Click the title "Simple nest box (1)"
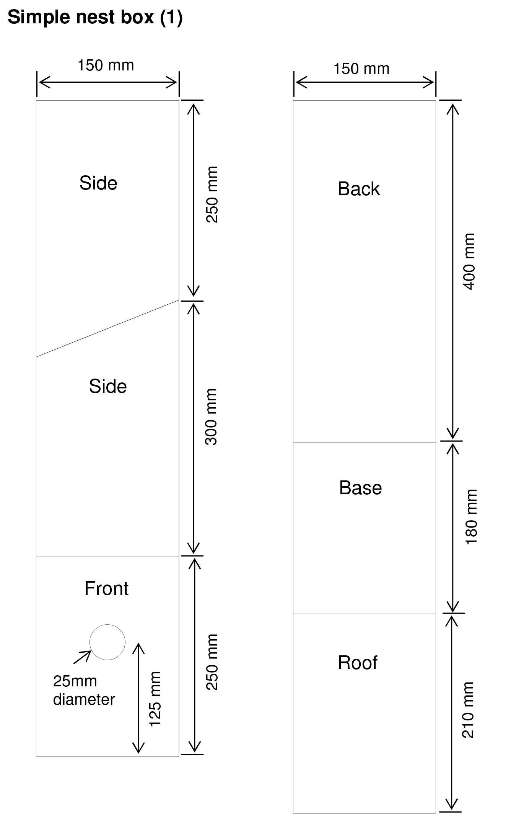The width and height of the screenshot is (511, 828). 95,18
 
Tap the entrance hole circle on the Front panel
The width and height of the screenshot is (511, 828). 107,642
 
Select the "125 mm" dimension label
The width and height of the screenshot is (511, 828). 155,699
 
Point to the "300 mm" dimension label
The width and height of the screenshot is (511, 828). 211,417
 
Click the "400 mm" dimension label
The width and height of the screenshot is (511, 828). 469,261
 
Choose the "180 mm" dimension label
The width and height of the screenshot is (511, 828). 471,516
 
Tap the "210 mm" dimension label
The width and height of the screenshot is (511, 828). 468,710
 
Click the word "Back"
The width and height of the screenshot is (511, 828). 359,189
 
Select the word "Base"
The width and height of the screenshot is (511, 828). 360,488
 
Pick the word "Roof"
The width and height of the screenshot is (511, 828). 357,663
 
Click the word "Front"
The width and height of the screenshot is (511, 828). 106,588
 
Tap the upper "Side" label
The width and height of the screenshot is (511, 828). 98,183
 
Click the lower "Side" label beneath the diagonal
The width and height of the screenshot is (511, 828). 108,386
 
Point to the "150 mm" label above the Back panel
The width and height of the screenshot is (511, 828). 361,69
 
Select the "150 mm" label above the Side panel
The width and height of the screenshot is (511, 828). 106,65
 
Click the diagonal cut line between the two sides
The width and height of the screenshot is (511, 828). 107,328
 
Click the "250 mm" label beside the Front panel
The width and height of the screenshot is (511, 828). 212,662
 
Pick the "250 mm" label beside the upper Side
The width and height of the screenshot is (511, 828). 212,194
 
